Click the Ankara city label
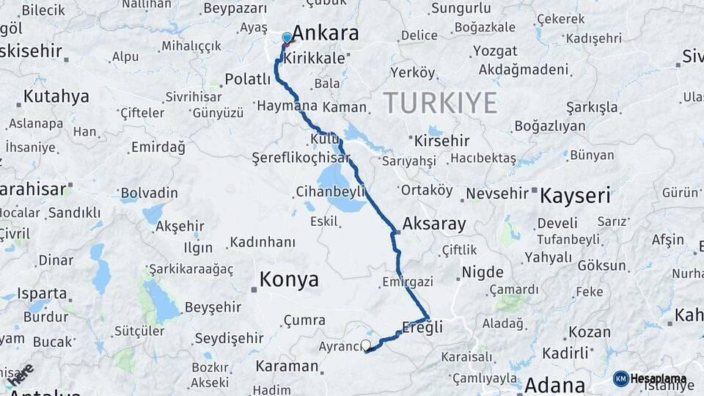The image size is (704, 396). point(326,34)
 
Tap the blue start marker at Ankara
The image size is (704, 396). point(287,37)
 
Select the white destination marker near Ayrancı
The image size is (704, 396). point(366,344)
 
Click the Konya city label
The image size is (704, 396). point(289,279)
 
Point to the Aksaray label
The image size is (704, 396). point(434,224)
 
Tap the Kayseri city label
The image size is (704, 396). point(575,196)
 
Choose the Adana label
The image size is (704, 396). point(554,385)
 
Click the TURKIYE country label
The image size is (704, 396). point(440,103)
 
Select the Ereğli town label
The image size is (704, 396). point(422,328)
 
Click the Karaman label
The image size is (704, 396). point(287,366)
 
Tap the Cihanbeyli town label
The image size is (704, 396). point(330,191)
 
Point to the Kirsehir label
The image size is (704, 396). point(441,140)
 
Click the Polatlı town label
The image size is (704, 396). point(248,79)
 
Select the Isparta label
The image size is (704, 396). point(42,293)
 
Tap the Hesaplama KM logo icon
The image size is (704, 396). point(621,378)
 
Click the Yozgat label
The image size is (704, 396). point(494,51)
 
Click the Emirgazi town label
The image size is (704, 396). point(408,282)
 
